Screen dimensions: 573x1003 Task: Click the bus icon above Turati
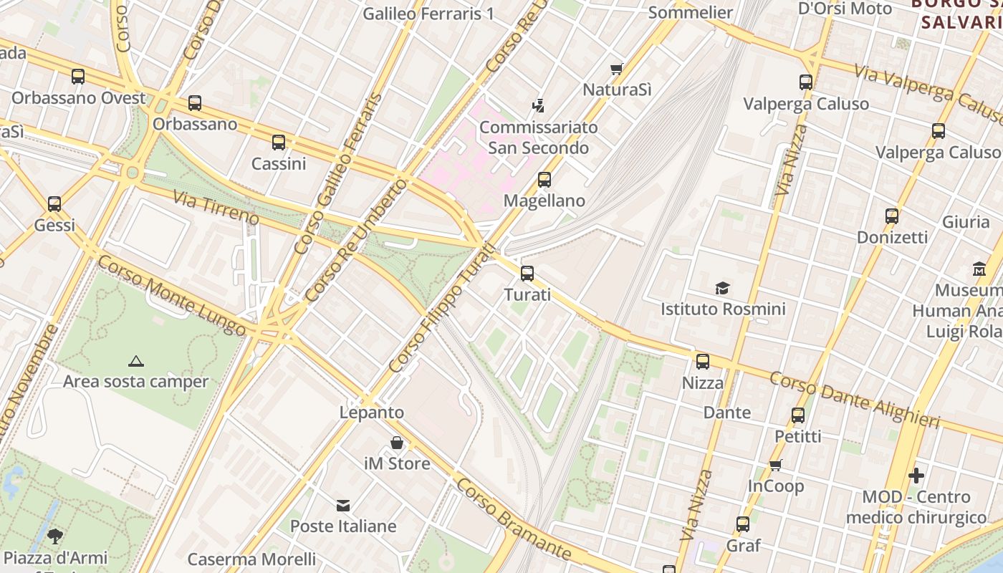[527, 273]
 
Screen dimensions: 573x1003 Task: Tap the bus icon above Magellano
[544, 179]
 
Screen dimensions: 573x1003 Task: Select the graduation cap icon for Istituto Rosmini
[722, 288]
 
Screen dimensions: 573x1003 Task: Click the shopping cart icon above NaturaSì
[616, 69]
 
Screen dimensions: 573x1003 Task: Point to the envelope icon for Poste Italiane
[343, 506]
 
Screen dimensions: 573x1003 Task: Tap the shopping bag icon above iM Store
[397, 443]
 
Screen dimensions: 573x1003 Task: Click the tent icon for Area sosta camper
[135, 361]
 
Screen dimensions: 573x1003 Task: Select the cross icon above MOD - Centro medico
[916, 476]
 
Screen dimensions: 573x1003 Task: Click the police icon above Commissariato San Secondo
[538, 107]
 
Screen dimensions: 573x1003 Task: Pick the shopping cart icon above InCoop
[775, 466]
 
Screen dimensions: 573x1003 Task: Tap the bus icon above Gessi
[54, 204]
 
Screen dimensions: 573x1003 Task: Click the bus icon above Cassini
[279, 143]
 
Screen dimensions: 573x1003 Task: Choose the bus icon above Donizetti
[892, 216]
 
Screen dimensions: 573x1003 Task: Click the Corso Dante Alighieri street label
[854, 400]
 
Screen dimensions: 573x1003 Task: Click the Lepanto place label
[372, 413]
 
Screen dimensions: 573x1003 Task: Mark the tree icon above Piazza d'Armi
[54, 536]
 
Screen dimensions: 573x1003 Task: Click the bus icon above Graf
[743, 524]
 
